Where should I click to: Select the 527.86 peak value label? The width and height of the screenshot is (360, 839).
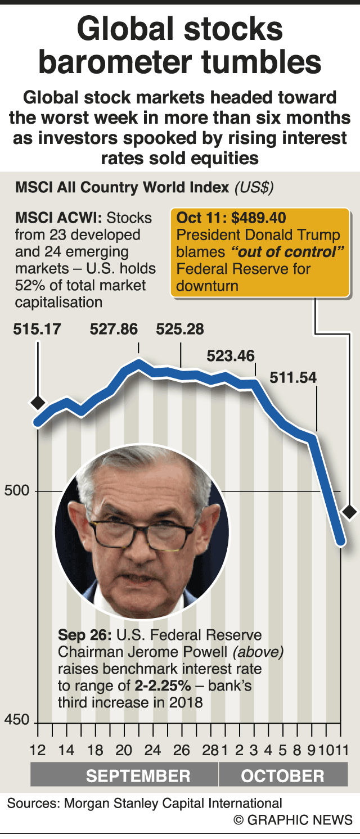pos(114,329)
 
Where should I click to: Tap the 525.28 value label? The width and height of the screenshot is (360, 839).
pos(180,329)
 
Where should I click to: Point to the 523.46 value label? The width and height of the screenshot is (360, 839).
pos(231,356)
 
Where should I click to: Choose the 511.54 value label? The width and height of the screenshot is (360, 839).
pos(293,377)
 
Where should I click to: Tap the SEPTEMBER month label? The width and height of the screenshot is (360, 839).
pos(138,777)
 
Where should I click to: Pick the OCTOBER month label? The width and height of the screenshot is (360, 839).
pos(283,777)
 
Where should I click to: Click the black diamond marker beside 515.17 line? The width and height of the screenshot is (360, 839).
pos(38,403)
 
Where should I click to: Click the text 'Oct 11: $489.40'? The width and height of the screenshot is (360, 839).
pos(231,218)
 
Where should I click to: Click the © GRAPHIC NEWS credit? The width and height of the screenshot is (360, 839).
pos(293,819)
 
